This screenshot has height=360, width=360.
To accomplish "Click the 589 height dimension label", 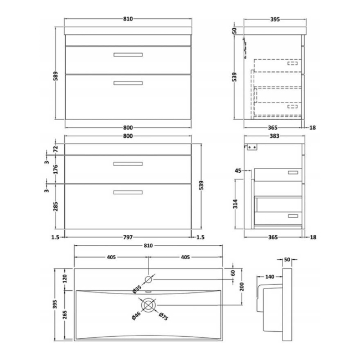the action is [x=55, y=76].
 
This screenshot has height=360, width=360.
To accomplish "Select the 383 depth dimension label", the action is [x=274, y=136].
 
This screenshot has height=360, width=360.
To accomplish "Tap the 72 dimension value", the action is [x=55, y=149].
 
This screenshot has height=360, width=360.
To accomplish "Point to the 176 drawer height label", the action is [x=55, y=169].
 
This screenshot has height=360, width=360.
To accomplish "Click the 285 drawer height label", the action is [x=55, y=207].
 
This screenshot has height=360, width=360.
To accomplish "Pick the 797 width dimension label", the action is [x=128, y=237].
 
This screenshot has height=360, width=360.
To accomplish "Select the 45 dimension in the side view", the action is [x=238, y=171].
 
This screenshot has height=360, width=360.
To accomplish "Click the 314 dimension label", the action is [x=235, y=204].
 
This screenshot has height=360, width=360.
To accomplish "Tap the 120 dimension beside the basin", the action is [x=65, y=279].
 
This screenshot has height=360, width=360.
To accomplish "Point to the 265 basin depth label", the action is [x=65, y=315].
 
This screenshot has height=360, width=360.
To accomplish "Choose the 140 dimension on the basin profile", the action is [x=270, y=277].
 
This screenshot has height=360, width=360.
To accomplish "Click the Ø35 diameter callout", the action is [x=137, y=289].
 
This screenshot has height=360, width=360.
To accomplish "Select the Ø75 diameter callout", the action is [x=163, y=316].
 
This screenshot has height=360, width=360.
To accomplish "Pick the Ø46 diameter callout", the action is [x=136, y=316].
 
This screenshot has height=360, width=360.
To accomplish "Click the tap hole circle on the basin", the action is [x=148, y=280].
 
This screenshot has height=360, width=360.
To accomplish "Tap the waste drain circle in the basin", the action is [x=148, y=305].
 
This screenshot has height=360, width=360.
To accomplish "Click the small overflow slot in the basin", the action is [x=148, y=292].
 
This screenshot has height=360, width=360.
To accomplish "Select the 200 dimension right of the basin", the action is [x=242, y=286].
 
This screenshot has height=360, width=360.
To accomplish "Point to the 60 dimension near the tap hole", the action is [x=233, y=273].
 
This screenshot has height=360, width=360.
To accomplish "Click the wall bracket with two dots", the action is [x=252, y=147].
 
